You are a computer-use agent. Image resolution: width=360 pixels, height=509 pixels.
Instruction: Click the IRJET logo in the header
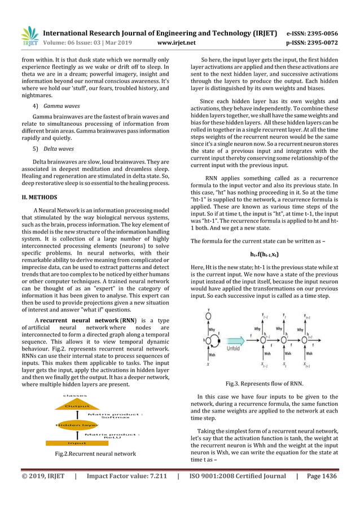(x=29, y=36)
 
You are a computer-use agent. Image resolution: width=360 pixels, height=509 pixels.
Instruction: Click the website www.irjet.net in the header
(x=177, y=42)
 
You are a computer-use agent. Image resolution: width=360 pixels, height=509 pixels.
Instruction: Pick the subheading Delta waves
(x=59, y=149)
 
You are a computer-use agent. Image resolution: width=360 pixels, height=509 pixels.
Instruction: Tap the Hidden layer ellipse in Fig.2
(x=77, y=424)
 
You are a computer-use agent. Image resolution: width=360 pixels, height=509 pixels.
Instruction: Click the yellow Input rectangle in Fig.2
(x=77, y=443)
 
